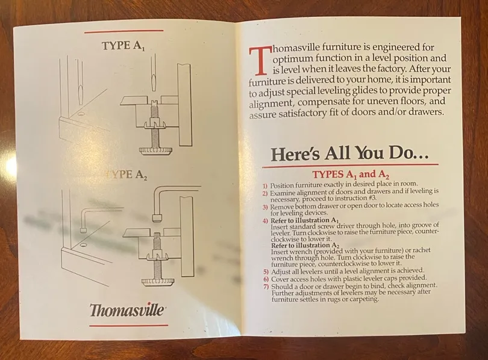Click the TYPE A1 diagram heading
pyautogui.click(x=124, y=46)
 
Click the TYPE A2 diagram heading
pyautogui.click(x=125, y=175)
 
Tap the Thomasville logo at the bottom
pyautogui.click(x=127, y=309)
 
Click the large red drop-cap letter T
pyautogui.click(x=258, y=61)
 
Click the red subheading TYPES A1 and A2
pyautogui.click(x=351, y=174)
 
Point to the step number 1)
pyautogui.click(x=265, y=186)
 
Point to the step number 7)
pyautogui.click(x=266, y=287)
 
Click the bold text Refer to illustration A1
pyautogui.click(x=305, y=221)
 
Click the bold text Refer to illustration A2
pyautogui.click(x=305, y=246)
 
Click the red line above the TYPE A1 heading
pyautogui.click(x=124, y=31)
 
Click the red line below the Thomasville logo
pyautogui.click(x=128, y=326)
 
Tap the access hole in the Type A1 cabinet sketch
pyautogui.click(x=81, y=114)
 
